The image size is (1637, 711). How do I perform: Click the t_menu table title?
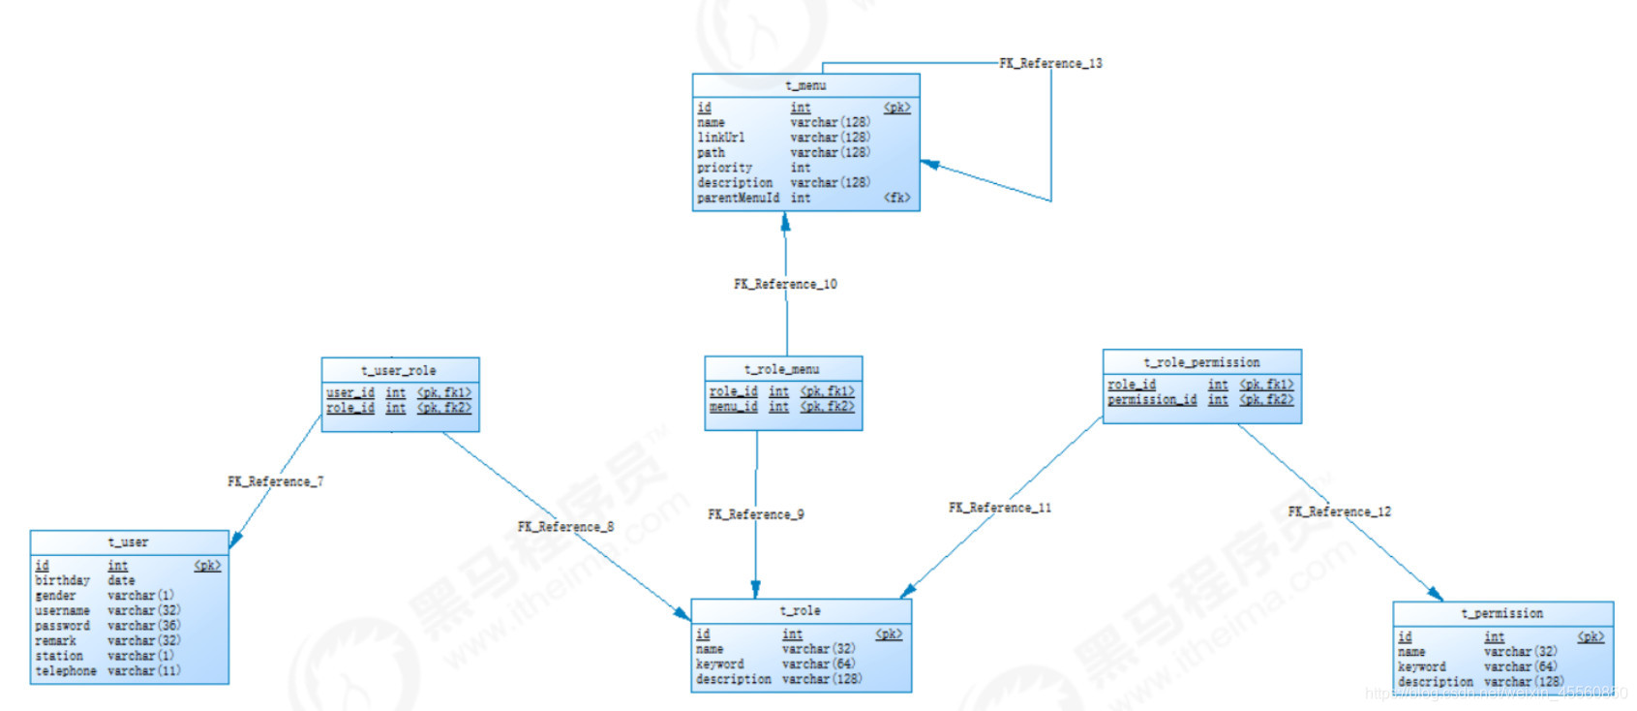pyautogui.click(x=805, y=86)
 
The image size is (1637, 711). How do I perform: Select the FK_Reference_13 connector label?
pyautogui.click(x=1050, y=64)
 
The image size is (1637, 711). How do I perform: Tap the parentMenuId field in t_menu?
pyautogui.click(x=738, y=198)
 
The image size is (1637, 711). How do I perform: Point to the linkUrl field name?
pyautogui.click(x=721, y=138)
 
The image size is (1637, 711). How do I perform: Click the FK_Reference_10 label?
pyautogui.click(x=785, y=285)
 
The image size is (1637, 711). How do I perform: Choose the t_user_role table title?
pyautogui.click(x=399, y=371)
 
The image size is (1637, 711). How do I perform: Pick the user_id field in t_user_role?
pyautogui.click(x=350, y=393)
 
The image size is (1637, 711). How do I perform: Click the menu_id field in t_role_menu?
pyautogui.click(x=733, y=407)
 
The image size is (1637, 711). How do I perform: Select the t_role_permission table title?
pyautogui.click(x=1201, y=362)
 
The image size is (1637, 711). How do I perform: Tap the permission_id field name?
pyautogui.click(x=1152, y=400)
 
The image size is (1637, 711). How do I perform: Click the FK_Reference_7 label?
pyautogui.click(x=276, y=481)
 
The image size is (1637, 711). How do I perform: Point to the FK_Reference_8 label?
pyautogui.click(x=565, y=527)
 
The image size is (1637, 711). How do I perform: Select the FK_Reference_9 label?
pyautogui.click(x=755, y=514)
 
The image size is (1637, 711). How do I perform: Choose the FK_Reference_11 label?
pyautogui.click(x=1000, y=508)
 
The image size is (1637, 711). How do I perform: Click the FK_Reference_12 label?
pyautogui.click(x=1339, y=511)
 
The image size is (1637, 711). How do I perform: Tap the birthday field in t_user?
pyautogui.click(x=62, y=580)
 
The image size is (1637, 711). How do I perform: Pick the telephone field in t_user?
pyautogui.click(x=66, y=670)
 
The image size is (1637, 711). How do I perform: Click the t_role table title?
pyautogui.click(x=801, y=611)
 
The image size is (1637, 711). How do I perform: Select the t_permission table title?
pyautogui.click(x=1501, y=614)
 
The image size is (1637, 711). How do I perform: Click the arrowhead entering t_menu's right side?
pyautogui.click(x=929, y=164)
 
